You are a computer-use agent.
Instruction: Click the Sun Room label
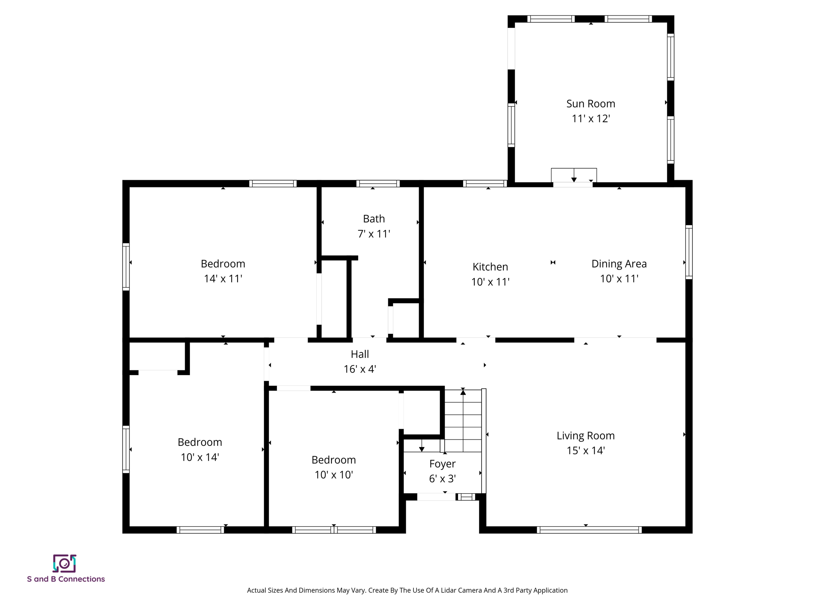tap(591, 103)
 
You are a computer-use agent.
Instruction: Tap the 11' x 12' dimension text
tap(591, 119)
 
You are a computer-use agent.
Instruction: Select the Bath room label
tap(374, 218)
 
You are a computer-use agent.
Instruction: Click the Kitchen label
tap(490, 267)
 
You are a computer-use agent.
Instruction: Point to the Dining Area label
tap(619, 263)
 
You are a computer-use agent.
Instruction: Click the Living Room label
tap(585, 435)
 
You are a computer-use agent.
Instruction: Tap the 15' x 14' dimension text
tap(585, 450)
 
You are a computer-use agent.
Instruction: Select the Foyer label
tap(442, 463)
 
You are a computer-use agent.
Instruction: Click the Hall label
tap(360, 354)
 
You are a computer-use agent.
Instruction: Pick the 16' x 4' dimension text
tap(360, 369)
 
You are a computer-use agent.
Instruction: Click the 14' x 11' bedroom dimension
tap(223, 278)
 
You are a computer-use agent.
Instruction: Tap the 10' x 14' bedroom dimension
tap(200, 457)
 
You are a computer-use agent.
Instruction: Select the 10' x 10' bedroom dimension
tap(333, 475)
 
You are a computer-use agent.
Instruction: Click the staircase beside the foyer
tap(463, 421)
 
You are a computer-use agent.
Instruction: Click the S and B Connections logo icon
tap(64, 563)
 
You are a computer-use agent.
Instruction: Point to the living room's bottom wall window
tap(589, 529)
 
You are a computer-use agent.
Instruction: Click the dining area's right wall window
tap(689, 252)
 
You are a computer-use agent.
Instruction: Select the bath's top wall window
tap(378, 183)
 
